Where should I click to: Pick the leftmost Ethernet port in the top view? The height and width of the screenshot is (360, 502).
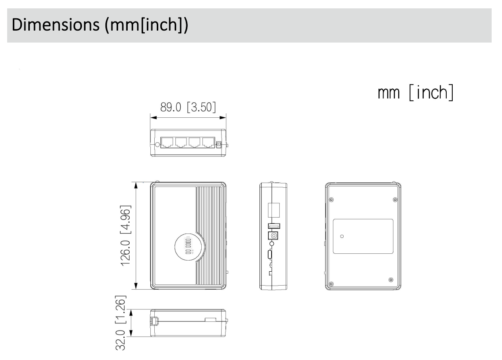(x=167, y=143)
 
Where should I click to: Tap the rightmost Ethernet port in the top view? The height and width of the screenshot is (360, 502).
(x=208, y=143)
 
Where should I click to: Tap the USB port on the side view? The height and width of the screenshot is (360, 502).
(x=274, y=226)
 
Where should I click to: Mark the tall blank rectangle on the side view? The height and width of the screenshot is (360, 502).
(x=274, y=210)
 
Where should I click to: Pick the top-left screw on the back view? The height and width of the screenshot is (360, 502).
(x=332, y=199)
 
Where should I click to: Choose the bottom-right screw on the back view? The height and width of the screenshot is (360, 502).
(x=390, y=280)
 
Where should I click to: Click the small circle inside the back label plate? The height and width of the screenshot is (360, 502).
(x=342, y=236)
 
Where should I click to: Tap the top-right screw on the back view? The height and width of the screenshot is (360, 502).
(x=395, y=199)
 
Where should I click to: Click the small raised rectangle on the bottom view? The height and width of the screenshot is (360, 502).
(x=210, y=319)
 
